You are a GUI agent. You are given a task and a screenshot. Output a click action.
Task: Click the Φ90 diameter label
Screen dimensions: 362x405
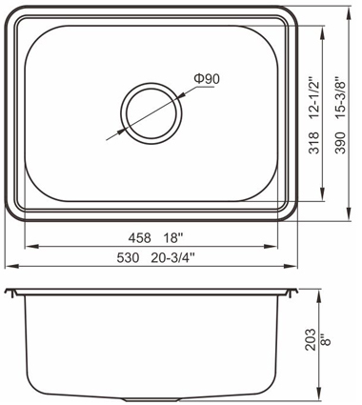coord(207,78)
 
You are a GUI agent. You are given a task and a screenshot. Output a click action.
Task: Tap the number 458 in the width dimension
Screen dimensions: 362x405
coord(139,237)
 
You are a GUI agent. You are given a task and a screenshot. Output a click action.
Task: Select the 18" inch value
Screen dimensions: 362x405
coord(173,237)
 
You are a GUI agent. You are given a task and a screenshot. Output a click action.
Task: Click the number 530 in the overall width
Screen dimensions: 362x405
coord(128,257)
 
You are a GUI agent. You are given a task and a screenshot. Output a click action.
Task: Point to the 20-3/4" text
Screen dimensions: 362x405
coord(172,257)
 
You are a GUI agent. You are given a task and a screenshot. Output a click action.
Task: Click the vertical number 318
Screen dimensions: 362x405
coord(313,143)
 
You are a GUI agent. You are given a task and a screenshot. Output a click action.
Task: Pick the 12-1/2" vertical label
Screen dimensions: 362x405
coord(314,97)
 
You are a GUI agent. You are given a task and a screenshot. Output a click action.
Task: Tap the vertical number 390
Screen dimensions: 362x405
coord(341,143)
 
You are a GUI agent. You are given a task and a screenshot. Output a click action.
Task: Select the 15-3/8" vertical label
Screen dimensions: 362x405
coord(341,97)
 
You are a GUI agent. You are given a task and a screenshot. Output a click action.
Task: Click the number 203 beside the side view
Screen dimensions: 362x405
coord(311,340)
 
